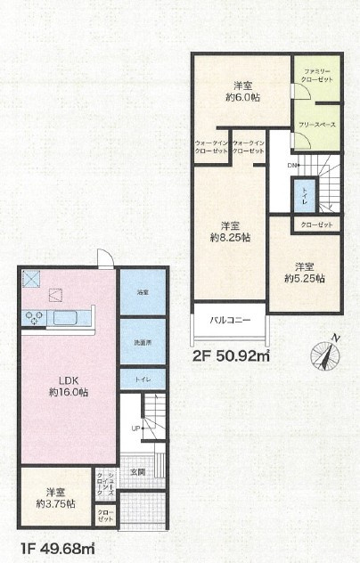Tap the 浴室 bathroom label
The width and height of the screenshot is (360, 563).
[143, 292]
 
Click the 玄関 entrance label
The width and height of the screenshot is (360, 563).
[137, 471]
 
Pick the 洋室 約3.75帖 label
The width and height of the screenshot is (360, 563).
[55, 498]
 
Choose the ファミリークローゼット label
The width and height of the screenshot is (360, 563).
[317, 74]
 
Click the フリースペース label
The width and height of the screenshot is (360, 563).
[316, 125]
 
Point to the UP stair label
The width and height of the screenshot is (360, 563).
[136, 428]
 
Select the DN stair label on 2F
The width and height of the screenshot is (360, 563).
[292, 166]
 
